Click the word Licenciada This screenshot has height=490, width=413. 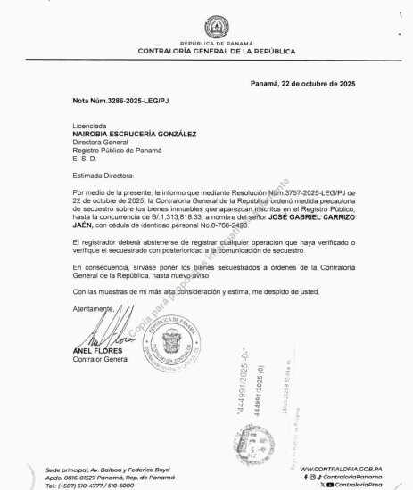(x=91, y=127)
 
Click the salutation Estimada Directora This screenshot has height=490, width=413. (x=103, y=178)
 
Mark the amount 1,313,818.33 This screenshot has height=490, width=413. (x=179, y=219)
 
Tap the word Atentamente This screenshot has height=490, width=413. (x=93, y=307)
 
